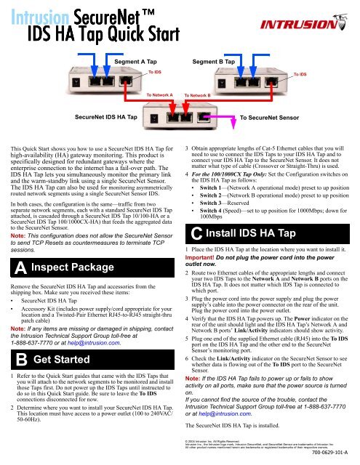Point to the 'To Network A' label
click(159, 94)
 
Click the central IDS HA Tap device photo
click(181, 115)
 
